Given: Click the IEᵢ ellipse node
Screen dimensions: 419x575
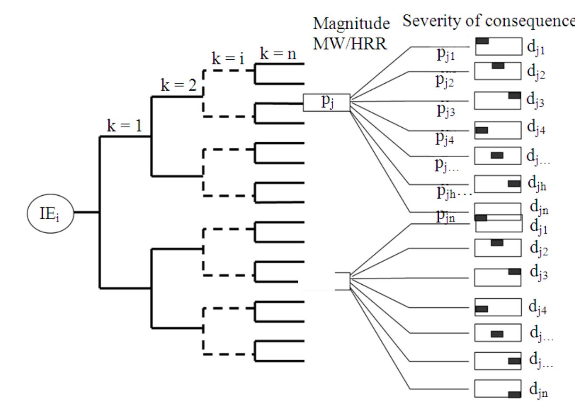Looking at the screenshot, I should (50, 213).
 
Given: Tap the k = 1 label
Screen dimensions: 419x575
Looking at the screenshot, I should (124, 126).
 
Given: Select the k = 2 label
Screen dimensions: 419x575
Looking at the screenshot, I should (179, 85).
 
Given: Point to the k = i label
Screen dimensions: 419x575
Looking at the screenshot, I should (228, 58).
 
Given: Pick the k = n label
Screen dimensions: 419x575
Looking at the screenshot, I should (278, 54).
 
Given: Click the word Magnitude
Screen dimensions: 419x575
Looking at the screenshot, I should (351, 24).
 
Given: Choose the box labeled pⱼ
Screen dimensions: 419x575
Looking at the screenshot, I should (327, 102).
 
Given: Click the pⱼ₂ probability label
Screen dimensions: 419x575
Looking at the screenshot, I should (445, 81).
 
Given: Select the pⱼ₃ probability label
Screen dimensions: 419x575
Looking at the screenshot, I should (446, 110).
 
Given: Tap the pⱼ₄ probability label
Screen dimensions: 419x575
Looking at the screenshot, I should (445, 137).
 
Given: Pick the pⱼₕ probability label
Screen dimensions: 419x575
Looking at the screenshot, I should (447, 192).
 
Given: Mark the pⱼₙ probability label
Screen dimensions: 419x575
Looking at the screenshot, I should (445, 216).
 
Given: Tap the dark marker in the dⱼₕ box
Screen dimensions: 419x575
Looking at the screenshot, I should (514, 184).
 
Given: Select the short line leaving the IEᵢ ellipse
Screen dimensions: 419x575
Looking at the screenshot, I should (86, 213).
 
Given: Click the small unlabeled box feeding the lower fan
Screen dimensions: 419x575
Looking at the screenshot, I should (343, 281).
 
